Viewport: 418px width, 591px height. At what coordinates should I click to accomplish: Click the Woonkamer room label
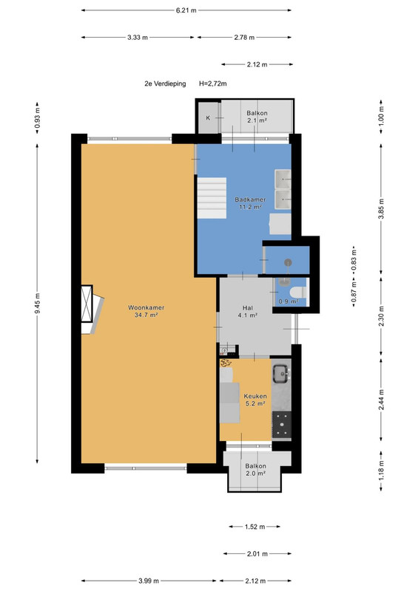point(146,307)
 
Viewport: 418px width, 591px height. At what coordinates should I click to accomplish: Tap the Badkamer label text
point(250,199)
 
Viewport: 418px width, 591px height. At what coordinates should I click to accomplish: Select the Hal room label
point(248,308)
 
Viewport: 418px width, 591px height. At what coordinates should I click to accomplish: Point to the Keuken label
point(255,396)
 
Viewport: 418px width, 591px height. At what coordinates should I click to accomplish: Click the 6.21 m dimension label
point(186,10)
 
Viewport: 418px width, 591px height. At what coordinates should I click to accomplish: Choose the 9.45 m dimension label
point(37,304)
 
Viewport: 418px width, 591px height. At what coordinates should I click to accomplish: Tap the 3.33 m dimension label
point(138,38)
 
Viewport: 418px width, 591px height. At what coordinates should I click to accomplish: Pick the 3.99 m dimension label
point(149,581)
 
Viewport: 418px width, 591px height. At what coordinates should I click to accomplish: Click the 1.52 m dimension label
point(255,527)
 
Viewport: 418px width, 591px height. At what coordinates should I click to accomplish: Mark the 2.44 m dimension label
point(381,400)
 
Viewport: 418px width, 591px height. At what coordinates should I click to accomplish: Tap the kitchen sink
point(281,374)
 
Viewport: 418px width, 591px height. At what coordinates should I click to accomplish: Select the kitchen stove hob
point(282,424)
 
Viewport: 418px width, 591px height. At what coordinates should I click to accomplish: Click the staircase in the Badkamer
point(212,198)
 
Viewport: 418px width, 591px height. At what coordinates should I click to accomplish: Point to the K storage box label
point(208,118)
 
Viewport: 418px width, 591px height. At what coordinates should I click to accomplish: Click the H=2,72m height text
point(213,83)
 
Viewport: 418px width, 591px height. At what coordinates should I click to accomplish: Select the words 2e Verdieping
point(165,83)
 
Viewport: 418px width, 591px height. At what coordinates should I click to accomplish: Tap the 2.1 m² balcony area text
point(257,120)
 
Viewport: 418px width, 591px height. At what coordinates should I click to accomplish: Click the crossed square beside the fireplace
point(87,304)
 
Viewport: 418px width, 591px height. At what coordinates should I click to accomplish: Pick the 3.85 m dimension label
point(381,208)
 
